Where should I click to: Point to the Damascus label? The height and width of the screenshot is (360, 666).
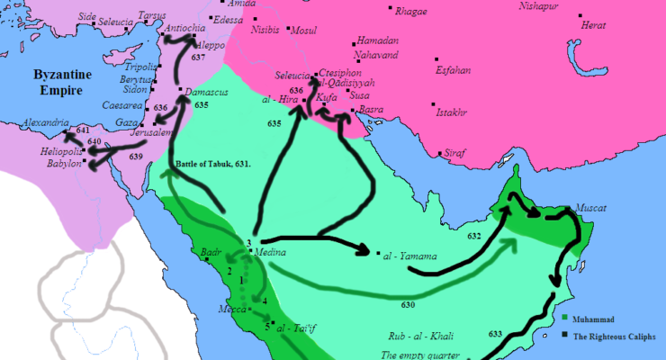pyautogui.click(x=209, y=93)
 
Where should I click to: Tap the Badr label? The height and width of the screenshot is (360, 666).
pyautogui.click(x=211, y=253)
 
